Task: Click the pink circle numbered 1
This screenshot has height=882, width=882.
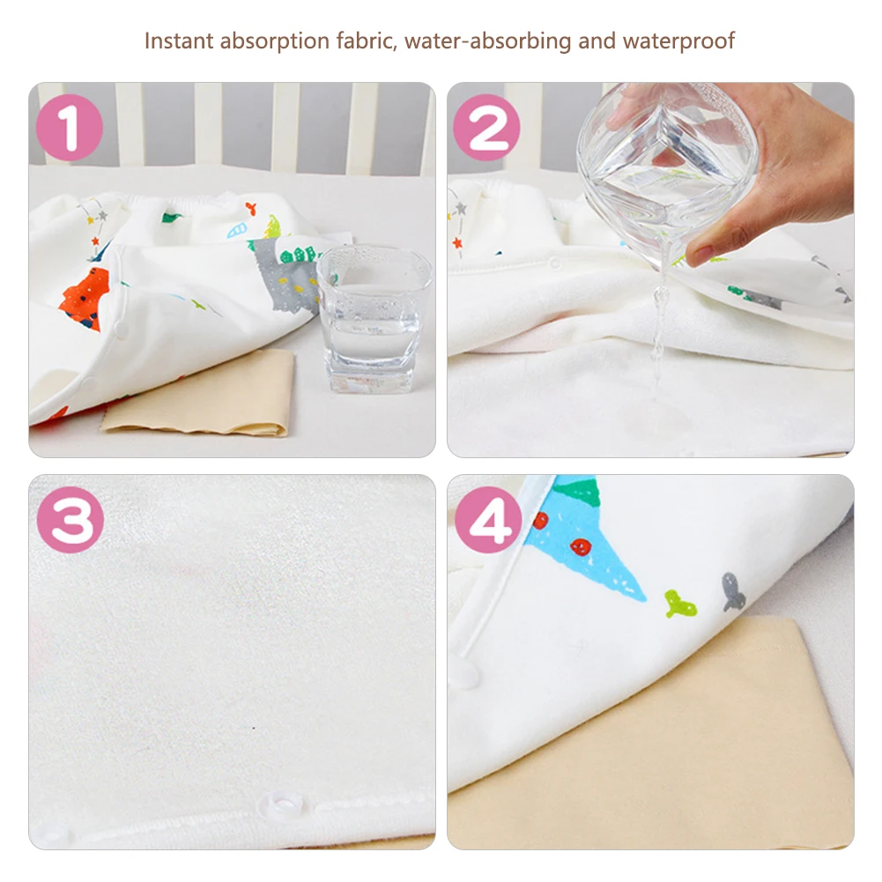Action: click(x=70, y=130)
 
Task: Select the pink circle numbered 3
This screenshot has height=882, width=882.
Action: click(x=70, y=521)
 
